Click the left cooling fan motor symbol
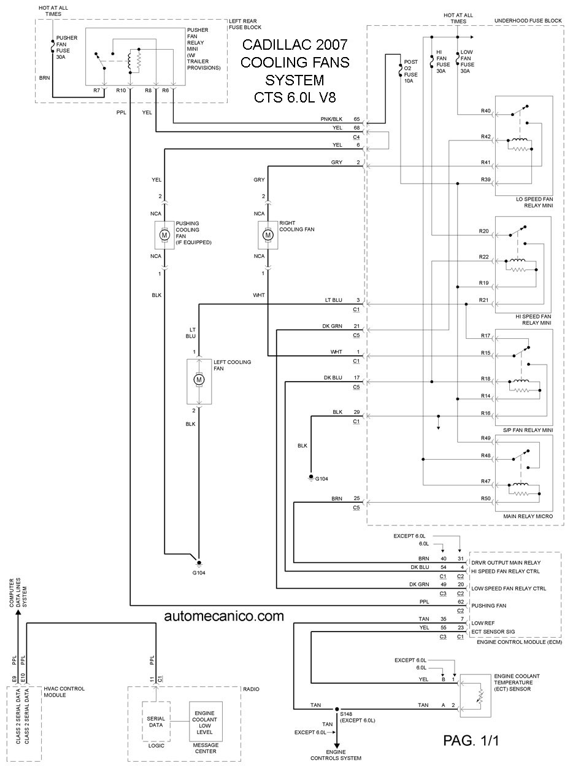199,380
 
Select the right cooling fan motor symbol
268,235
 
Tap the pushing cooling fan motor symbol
164,235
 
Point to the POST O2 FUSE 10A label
410,71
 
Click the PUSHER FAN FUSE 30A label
67,47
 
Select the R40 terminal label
485,111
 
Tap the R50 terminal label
485,498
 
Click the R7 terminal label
97,90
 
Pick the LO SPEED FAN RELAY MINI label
534,203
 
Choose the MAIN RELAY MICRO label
528,516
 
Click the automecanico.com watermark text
224,616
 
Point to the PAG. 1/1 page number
471,739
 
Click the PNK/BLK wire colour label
331,119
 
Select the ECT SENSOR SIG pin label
493,632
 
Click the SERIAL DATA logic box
156,722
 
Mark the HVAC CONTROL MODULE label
64,692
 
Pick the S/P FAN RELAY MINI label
528,430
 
